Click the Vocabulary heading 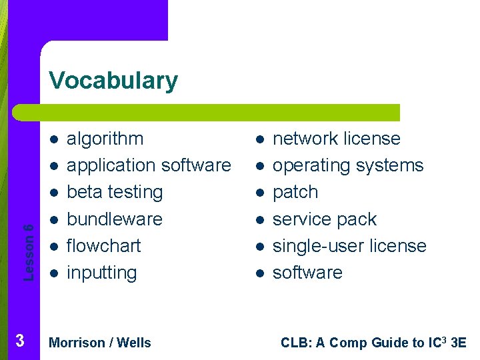point(113,81)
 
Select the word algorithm point(105,139)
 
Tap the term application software point(149,165)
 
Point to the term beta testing point(115,192)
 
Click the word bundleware point(115,219)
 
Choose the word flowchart point(104,246)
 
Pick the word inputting point(102,273)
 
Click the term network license point(337,139)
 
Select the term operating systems point(348,165)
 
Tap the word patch point(295,192)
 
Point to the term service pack point(325,219)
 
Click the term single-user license point(349,246)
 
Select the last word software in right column point(307,273)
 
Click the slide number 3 point(20,341)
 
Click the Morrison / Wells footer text point(100,343)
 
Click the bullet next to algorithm point(53,139)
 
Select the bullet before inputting point(53,273)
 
